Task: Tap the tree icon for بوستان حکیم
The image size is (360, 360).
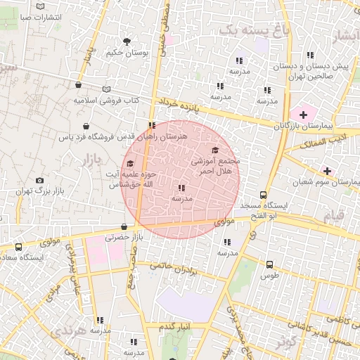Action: point(127,41)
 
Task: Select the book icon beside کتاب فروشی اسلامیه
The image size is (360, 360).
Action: point(107,89)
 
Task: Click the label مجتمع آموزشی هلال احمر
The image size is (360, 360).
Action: point(215,166)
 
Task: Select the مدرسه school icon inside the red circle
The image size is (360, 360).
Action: point(182,188)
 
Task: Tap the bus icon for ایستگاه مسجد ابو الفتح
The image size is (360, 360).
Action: point(263,195)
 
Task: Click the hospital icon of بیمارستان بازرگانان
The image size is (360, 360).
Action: point(303,113)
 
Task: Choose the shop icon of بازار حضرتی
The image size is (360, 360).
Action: point(124,226)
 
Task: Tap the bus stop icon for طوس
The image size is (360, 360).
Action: point(269,264)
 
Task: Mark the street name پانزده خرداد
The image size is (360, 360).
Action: point(184,106)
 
